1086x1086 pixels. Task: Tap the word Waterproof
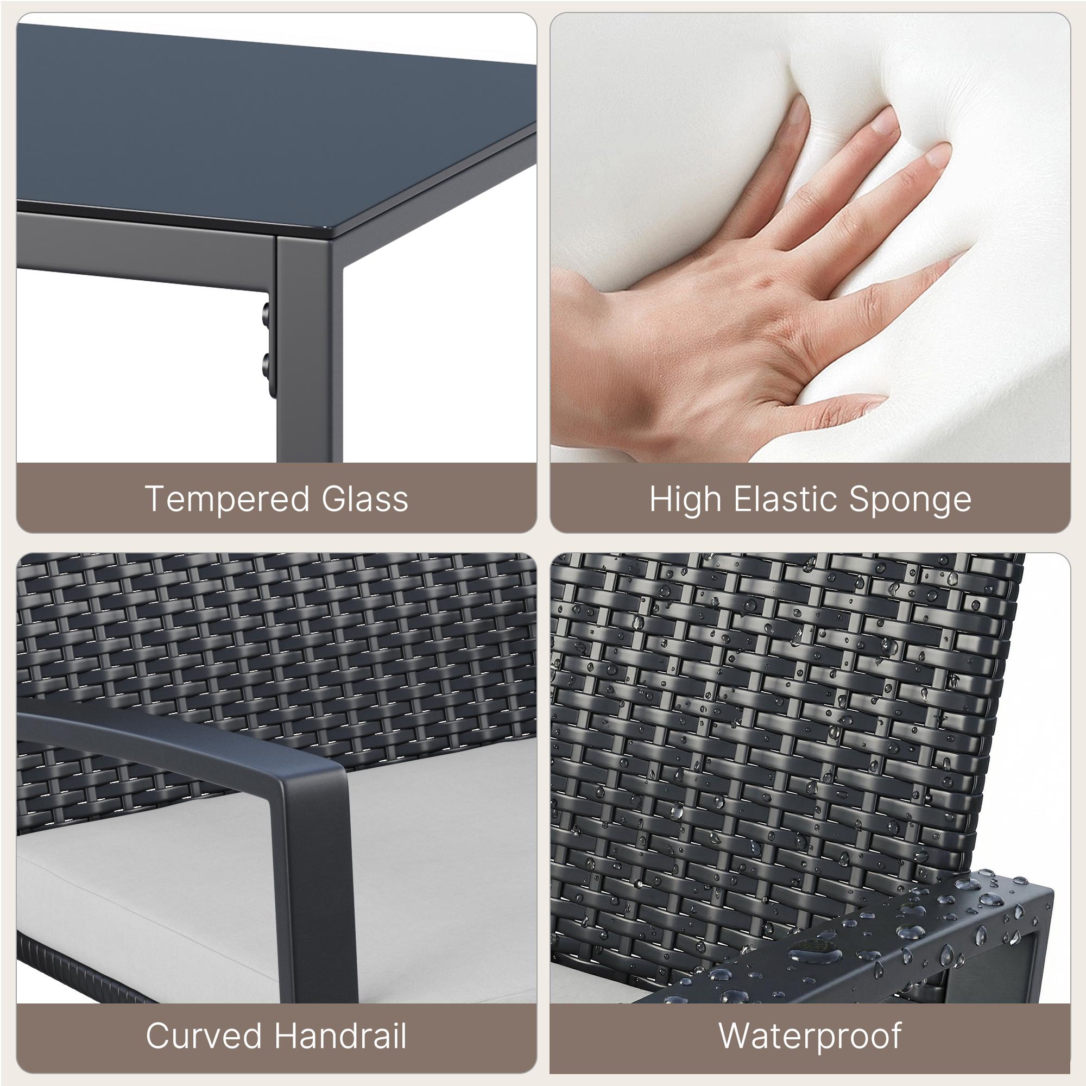810,1037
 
